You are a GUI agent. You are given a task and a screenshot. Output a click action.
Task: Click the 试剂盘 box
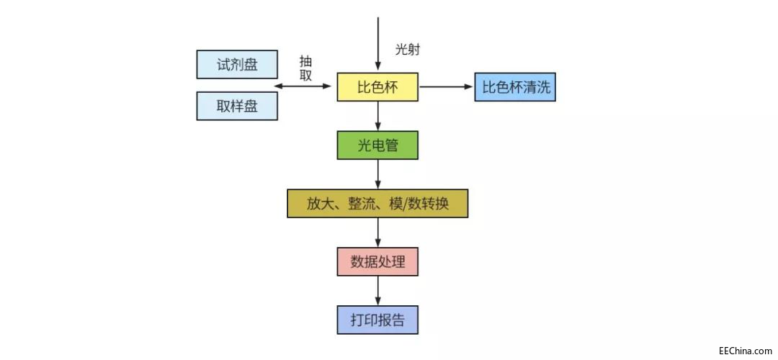tap(237, 64)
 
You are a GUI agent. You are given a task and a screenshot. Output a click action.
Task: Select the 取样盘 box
tap(237, 106)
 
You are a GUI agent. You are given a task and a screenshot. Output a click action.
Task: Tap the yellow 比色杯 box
tap(377, 88)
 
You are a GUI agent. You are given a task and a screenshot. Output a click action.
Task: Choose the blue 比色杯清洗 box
tap(514, 87)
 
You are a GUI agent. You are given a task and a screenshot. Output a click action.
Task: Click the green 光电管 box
tap(377, 145)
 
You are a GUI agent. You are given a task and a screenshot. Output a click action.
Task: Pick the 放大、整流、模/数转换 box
tap(377, 204)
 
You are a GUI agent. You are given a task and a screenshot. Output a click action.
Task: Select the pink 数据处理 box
tap(377, 261)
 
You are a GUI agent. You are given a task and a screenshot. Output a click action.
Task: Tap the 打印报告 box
tap(377, 320)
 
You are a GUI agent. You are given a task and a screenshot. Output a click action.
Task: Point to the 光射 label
tap(407, 50)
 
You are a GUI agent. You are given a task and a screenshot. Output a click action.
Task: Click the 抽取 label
tap(306, 68)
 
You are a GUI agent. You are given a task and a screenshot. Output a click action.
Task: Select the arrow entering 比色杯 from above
tap(378, 43)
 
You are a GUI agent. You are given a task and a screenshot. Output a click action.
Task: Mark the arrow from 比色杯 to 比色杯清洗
tap(446, 87)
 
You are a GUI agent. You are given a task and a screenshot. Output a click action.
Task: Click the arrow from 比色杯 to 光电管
tap(378, 117)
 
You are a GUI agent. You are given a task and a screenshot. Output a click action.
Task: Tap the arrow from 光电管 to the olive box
tap(378, 174)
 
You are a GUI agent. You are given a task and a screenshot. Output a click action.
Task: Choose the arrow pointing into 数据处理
tap(378, 233)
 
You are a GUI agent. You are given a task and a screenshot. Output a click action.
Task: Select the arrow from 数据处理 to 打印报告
tap(378, 291)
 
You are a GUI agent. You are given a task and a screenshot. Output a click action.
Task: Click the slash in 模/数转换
tap(403, 204)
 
